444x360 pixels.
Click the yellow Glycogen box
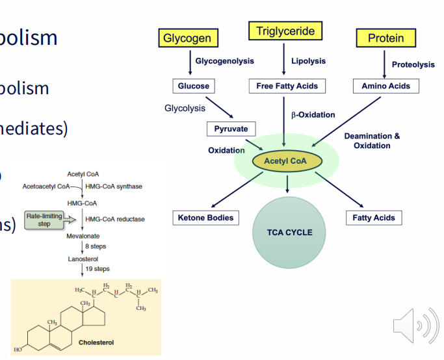point(187,38)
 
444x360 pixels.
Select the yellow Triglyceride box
point(285,31)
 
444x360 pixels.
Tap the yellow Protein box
point(385,38)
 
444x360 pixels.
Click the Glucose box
point(194,86)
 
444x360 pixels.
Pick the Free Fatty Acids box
point(287,86)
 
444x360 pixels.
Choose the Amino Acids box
point(385,86)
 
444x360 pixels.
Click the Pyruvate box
point(231,129)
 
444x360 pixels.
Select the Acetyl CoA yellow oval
point(286,161)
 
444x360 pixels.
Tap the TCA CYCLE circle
point(289,232)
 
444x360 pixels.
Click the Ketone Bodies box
point(205,218)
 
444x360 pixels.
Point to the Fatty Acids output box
point(374,218)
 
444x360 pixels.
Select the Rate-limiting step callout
point(44,220)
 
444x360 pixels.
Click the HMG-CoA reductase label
point(114,219)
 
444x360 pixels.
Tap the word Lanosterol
point(83,259)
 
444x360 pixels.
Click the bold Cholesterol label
point(96,341)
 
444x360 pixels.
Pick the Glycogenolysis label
point(224,61)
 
